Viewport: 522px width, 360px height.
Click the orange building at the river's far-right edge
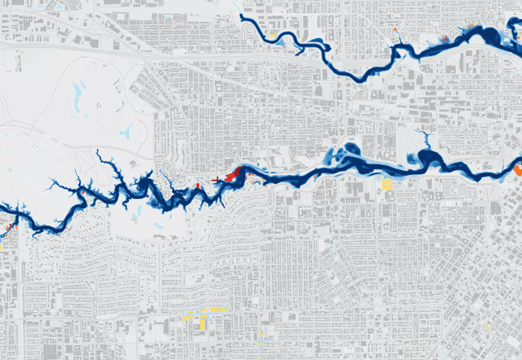[518, 170]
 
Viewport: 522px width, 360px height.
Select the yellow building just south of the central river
[387, 185]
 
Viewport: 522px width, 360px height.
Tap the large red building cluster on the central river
[233, 174]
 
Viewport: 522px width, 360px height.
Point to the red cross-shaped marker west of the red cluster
[216, 179]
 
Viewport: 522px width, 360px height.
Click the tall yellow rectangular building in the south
[201, 323]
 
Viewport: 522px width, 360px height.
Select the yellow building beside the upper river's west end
[272, 36]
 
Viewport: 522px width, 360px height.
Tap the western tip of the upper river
[241, 16]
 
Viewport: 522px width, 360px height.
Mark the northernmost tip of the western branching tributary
[97, 152]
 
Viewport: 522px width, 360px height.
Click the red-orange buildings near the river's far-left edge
[8, 225]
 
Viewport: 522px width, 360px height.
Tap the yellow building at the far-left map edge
[2, 244]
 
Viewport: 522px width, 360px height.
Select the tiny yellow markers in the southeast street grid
[487, 325]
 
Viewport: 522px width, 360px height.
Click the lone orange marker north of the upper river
[395, 30]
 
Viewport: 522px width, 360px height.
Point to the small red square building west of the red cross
[198, 186]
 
